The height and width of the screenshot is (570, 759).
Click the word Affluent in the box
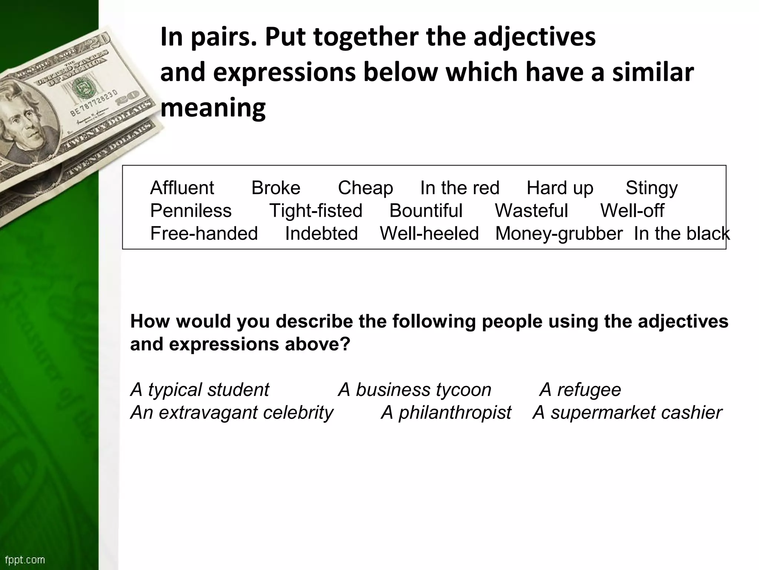[x=182, y=188]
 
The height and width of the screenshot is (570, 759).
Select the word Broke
[x=276, y=188]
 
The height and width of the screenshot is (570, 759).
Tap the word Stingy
[x=652, y=188]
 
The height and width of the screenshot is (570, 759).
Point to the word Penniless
[x=191, y=211]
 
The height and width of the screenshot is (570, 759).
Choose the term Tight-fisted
[x=316, y=211]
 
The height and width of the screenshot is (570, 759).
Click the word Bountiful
[x=426, y=211]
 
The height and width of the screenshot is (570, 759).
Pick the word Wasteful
[x=531, y=211]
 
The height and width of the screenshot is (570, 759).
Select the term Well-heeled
[x=429, y=234]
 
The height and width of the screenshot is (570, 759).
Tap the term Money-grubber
[x=559, y=234]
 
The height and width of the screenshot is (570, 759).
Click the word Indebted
[x=321, y=234]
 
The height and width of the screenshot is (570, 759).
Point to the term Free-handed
[x=204, y=234]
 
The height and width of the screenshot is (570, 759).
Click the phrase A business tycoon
[x=415, y=390]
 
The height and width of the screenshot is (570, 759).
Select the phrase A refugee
[x=580, y=390]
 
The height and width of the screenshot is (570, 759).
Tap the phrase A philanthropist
[x=446, y=413]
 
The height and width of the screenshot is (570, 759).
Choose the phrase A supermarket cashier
[x=627, y=413]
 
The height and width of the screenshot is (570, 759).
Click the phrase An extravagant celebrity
[x=232, y=413]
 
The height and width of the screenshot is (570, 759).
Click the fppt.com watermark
[x=25, y=560]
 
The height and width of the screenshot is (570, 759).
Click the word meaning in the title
[x=213, y=108]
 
